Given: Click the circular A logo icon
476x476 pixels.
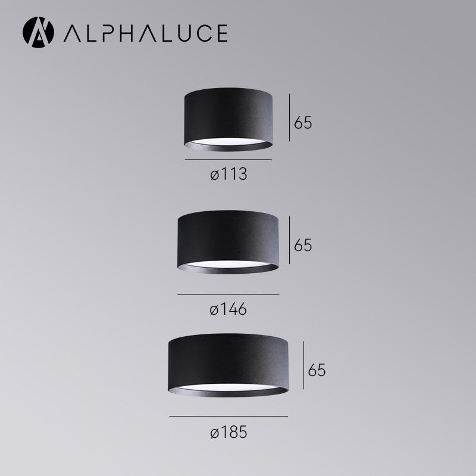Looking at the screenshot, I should [38, 32].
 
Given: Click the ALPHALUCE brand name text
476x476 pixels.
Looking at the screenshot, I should [145, 33].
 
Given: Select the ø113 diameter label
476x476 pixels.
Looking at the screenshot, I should [228, 175].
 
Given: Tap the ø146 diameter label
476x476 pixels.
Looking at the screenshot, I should [228, 309].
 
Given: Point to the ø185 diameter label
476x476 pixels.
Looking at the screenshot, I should [228, 433].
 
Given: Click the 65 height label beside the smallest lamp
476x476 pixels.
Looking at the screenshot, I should [303, 123].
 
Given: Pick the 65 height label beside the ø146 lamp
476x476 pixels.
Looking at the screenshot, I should [303, 245].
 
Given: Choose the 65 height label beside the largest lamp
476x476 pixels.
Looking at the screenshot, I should [317, 370].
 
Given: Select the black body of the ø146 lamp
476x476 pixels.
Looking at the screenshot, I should [227, 238].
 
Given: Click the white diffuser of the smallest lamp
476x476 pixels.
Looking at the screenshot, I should [228, 142].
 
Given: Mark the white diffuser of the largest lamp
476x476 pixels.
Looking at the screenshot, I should [228, 387].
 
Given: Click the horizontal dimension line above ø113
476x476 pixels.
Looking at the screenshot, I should [228, 159].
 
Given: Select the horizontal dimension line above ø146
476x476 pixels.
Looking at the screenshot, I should [228, 295].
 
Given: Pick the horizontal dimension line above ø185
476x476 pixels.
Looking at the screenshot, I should [228, 416].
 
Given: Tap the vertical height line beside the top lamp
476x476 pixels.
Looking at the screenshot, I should [290, 117].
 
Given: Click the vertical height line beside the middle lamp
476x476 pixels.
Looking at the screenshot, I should [290, 240].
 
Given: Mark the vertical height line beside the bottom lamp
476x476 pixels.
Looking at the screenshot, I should [304, 365].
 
